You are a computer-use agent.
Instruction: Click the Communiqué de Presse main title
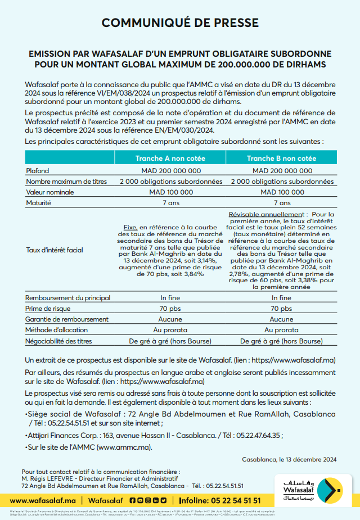(x=180, y=22)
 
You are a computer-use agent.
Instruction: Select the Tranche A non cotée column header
(x=170, y=159)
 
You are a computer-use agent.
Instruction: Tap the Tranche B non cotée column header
(x=281, y=159)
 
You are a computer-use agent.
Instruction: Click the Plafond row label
(x=38, y=170)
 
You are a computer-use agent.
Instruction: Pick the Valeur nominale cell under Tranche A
(x=170, y=192)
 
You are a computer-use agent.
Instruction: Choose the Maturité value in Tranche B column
(x=282, y=203)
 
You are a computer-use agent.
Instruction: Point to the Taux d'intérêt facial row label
(x=55, y=250)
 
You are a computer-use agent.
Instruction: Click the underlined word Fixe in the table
(x=130, y=227)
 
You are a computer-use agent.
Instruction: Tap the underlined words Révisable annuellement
(x=265, y=214)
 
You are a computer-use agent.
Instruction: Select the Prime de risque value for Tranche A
(x=170, y=309)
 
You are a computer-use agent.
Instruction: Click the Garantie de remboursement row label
(x=67, y=319)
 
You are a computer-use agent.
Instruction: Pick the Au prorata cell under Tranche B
(x=282, y=330)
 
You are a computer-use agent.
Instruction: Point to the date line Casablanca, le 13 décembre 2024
(x=289, y=459)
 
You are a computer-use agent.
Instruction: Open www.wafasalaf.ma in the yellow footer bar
(x=43, y=500)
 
